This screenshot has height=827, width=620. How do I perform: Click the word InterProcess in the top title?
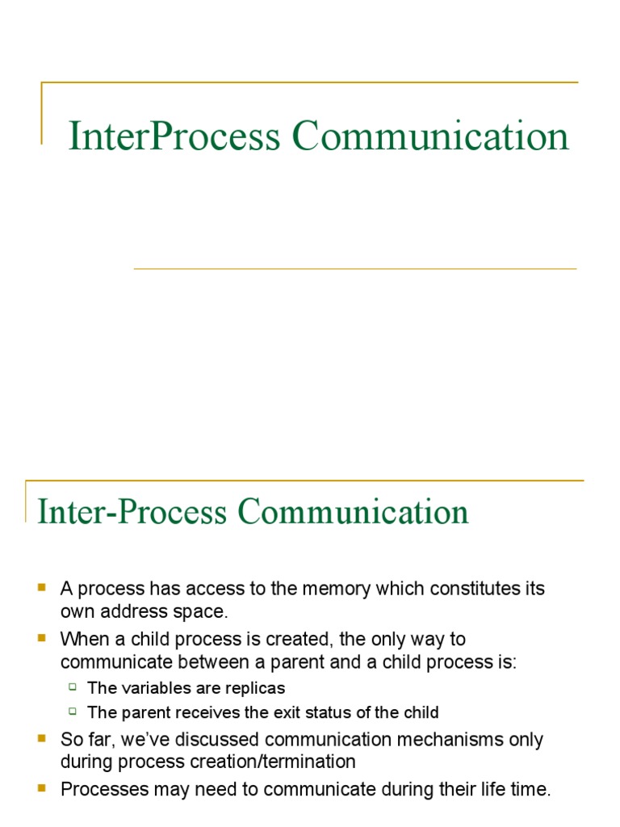(x=174, y=136)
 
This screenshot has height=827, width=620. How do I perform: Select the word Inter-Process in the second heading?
(x=133, y=512)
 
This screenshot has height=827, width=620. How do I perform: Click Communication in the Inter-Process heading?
(x=353, y=512)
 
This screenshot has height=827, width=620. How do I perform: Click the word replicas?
(x=256, y=688)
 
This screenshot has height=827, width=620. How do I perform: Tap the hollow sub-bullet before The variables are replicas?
(x=73, y=687)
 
